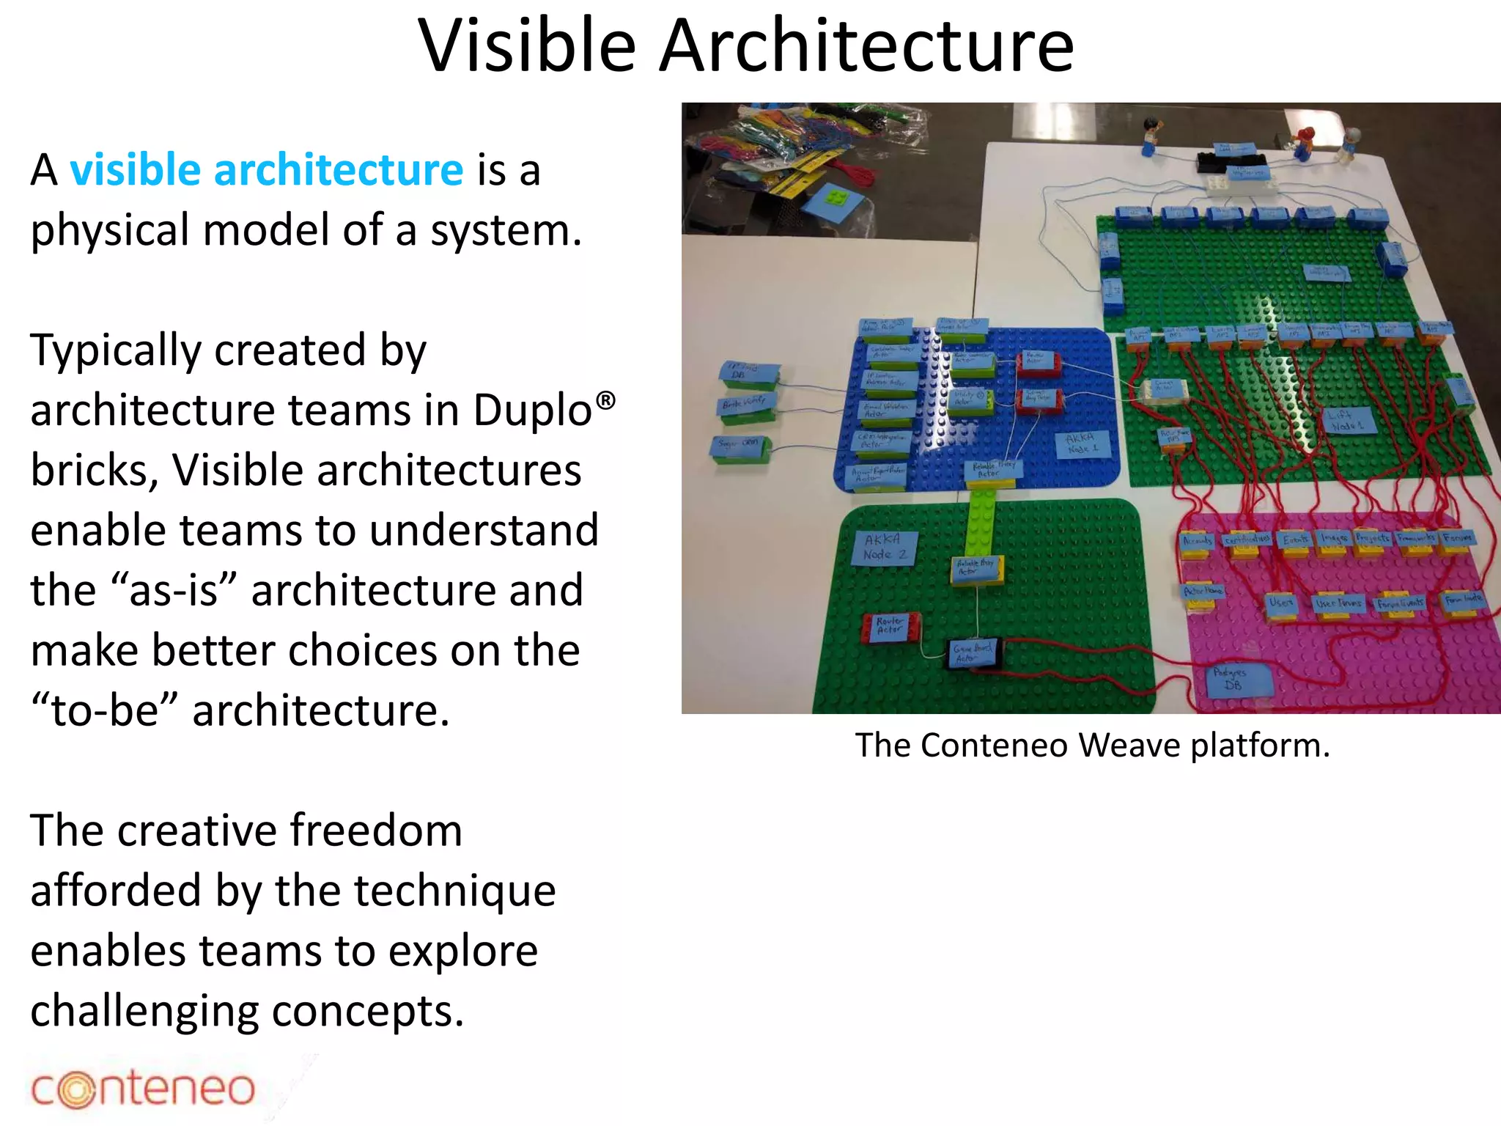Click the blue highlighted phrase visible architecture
[266, 170]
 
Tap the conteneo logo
[143, 1089]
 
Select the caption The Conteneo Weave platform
[1091, 746]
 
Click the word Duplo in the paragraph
[532, 410]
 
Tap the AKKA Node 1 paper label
[1083, 444]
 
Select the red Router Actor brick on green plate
[890, 627]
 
